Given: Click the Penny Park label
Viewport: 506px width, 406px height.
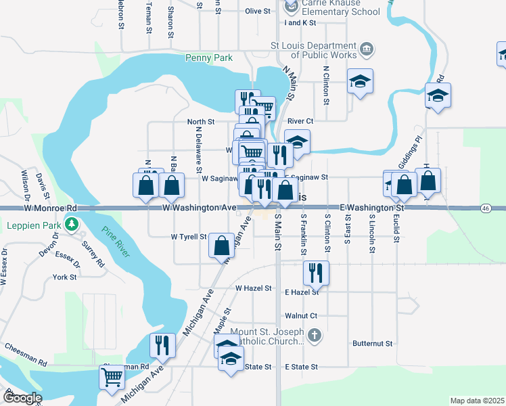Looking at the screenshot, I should click(x=209, y=58).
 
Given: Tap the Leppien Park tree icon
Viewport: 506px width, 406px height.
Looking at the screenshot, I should click(x=70, y=224).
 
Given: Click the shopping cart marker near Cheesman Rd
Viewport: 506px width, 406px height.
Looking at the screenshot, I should click(x=112, y=376).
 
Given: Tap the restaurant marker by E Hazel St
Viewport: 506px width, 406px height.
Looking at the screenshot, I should click(x=316, y=273).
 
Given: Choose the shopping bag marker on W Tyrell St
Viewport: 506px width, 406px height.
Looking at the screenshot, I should click(x=221, y=246).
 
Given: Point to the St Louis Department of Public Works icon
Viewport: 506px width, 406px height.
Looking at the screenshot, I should click(x=366, y=49).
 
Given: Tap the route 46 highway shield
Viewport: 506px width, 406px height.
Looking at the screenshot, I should click(x=485, y=209).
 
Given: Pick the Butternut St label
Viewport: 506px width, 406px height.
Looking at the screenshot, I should click(x=372, y=344).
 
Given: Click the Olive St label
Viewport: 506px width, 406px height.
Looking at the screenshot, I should click(x=258, y=12).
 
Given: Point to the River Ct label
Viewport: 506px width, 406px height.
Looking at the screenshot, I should click(x=300, y=122).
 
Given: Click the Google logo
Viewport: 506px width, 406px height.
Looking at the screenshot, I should click(x=22, y=398).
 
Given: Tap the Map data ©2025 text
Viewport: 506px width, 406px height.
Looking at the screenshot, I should click(x=477, y=401).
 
